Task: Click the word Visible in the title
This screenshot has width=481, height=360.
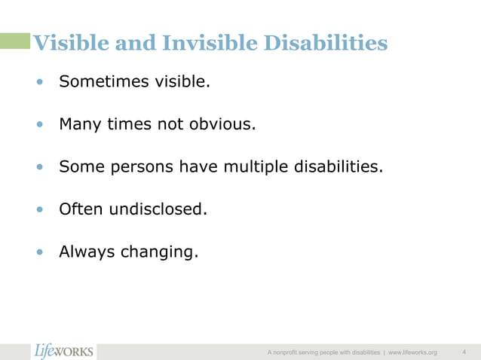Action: click(67, 44)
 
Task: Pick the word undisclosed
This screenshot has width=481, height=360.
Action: click(158, 209)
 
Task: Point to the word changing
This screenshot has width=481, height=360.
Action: click(163, 252)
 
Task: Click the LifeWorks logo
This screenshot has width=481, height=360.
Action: click(64, 351)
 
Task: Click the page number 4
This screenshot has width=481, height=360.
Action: click(464, 352)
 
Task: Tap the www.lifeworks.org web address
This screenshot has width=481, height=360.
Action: click(412, 352)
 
